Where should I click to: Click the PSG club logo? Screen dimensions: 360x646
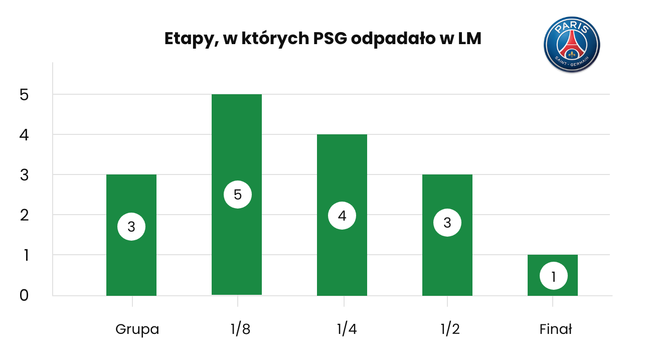coord(572,44)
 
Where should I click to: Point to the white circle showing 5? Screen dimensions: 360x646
coord(238,195)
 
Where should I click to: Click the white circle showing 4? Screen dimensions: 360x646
coord(342,216)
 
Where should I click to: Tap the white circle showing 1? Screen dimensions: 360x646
coord(554,276)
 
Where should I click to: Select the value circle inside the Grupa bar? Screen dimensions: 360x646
coord(131,227)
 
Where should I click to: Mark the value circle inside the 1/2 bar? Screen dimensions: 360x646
coord(447,223)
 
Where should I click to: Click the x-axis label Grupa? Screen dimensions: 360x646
coord(137,329)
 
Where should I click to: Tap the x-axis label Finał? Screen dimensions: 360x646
coord(556,329)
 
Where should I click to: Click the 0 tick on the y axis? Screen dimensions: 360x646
coord(24,295)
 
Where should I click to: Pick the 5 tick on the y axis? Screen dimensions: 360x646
coord(24,95)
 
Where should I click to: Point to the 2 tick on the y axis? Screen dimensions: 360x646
coord(24,215)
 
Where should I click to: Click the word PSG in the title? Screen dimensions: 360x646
coord(330,39)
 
